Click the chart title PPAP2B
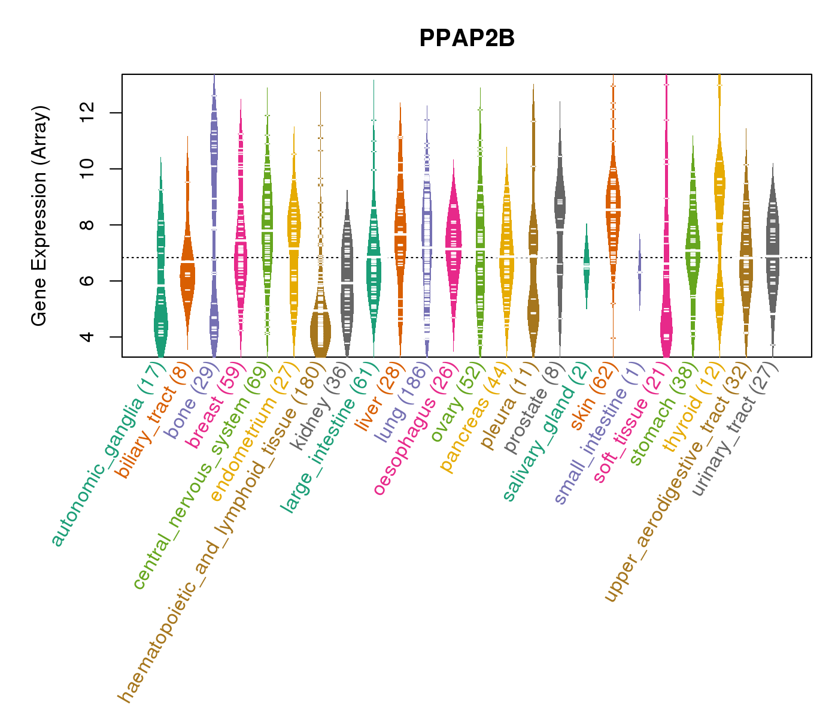coord(467,38)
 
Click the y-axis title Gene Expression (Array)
coord(40,216)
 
